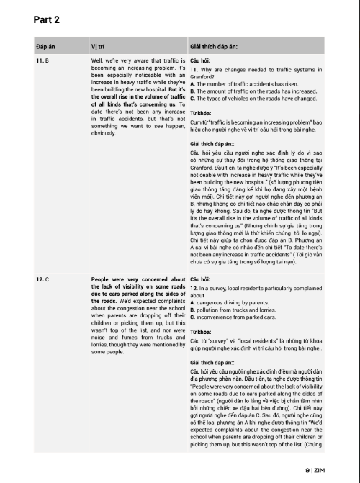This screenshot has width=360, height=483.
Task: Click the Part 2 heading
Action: pos(46,19)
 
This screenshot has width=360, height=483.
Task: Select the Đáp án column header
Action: pos(46,45)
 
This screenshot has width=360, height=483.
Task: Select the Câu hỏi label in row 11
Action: pos(200,61)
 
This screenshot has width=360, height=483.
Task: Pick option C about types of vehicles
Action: pos(252,99)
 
